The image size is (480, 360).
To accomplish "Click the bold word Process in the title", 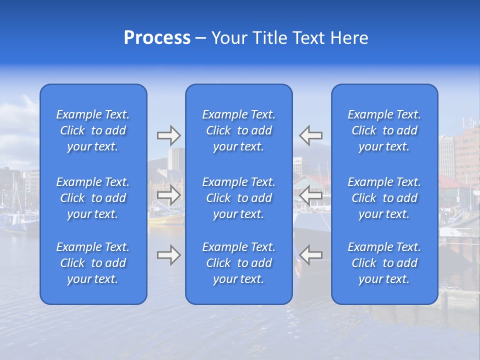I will coord(157,37).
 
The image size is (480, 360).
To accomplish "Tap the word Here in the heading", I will coord(349,37).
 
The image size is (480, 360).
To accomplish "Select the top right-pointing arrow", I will coord(168,135).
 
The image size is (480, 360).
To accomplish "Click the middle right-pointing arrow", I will coord(168,195).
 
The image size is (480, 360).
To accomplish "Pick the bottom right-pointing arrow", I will coord(168,255).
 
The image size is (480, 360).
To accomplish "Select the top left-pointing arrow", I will coord(311,135).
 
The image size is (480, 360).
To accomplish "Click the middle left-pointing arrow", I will coord(311,195).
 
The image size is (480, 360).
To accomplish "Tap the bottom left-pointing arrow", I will coord(311,255).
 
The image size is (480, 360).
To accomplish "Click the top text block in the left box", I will coord(93,130).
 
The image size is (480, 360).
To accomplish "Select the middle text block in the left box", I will coord(93,198).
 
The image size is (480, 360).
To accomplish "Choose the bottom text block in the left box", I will coord(93,263).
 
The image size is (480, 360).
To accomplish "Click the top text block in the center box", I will coord(238,130).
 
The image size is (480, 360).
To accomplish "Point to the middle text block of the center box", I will coord(238,198).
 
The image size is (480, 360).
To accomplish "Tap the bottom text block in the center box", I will coord(238,263).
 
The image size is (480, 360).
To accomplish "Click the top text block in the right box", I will coord(384,130).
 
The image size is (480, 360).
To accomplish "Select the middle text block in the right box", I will coord(384,198).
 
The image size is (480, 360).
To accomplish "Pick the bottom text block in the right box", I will coord(384,263).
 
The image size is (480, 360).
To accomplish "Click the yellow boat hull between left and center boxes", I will coord(166,218).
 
